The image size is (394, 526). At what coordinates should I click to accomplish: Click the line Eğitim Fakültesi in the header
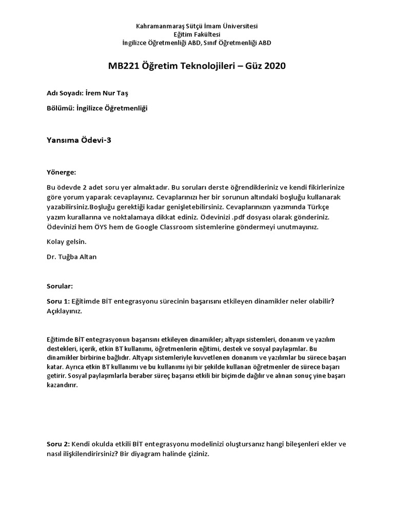coord(196,34)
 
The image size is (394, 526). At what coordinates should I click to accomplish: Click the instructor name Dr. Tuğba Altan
coord(71,256)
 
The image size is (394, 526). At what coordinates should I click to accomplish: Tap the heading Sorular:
coord(60,286)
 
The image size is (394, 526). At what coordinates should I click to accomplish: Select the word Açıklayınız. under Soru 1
coord(64,311)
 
